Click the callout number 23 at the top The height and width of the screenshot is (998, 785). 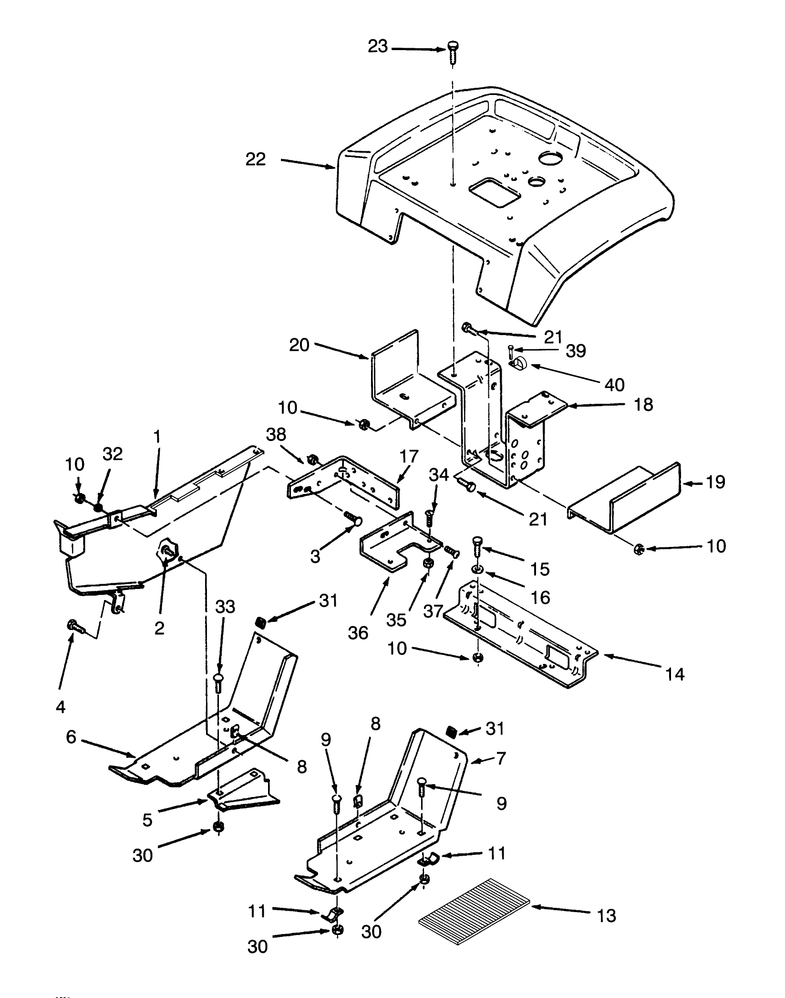(x=377, y=47)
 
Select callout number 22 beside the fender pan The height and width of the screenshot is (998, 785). (x=256, y=159)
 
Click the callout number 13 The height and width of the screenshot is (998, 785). (x=606, y=916)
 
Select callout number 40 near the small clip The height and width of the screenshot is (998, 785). (x=615, y=384)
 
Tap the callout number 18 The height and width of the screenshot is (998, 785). (x=644, y=405)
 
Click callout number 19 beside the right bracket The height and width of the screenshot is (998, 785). (x=716, y=482)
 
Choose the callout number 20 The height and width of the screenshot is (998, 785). (x=300, y=345)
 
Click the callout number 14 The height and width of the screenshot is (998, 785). (x=675, y=674)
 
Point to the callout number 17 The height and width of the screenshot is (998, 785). (x=409, y=456)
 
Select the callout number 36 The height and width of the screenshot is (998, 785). (x=358, y=633)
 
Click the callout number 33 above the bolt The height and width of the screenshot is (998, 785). (x=225, y=607)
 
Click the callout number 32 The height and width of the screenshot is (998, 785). (x=113, y=454)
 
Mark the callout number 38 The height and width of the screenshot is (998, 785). (x=276, y=434)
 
